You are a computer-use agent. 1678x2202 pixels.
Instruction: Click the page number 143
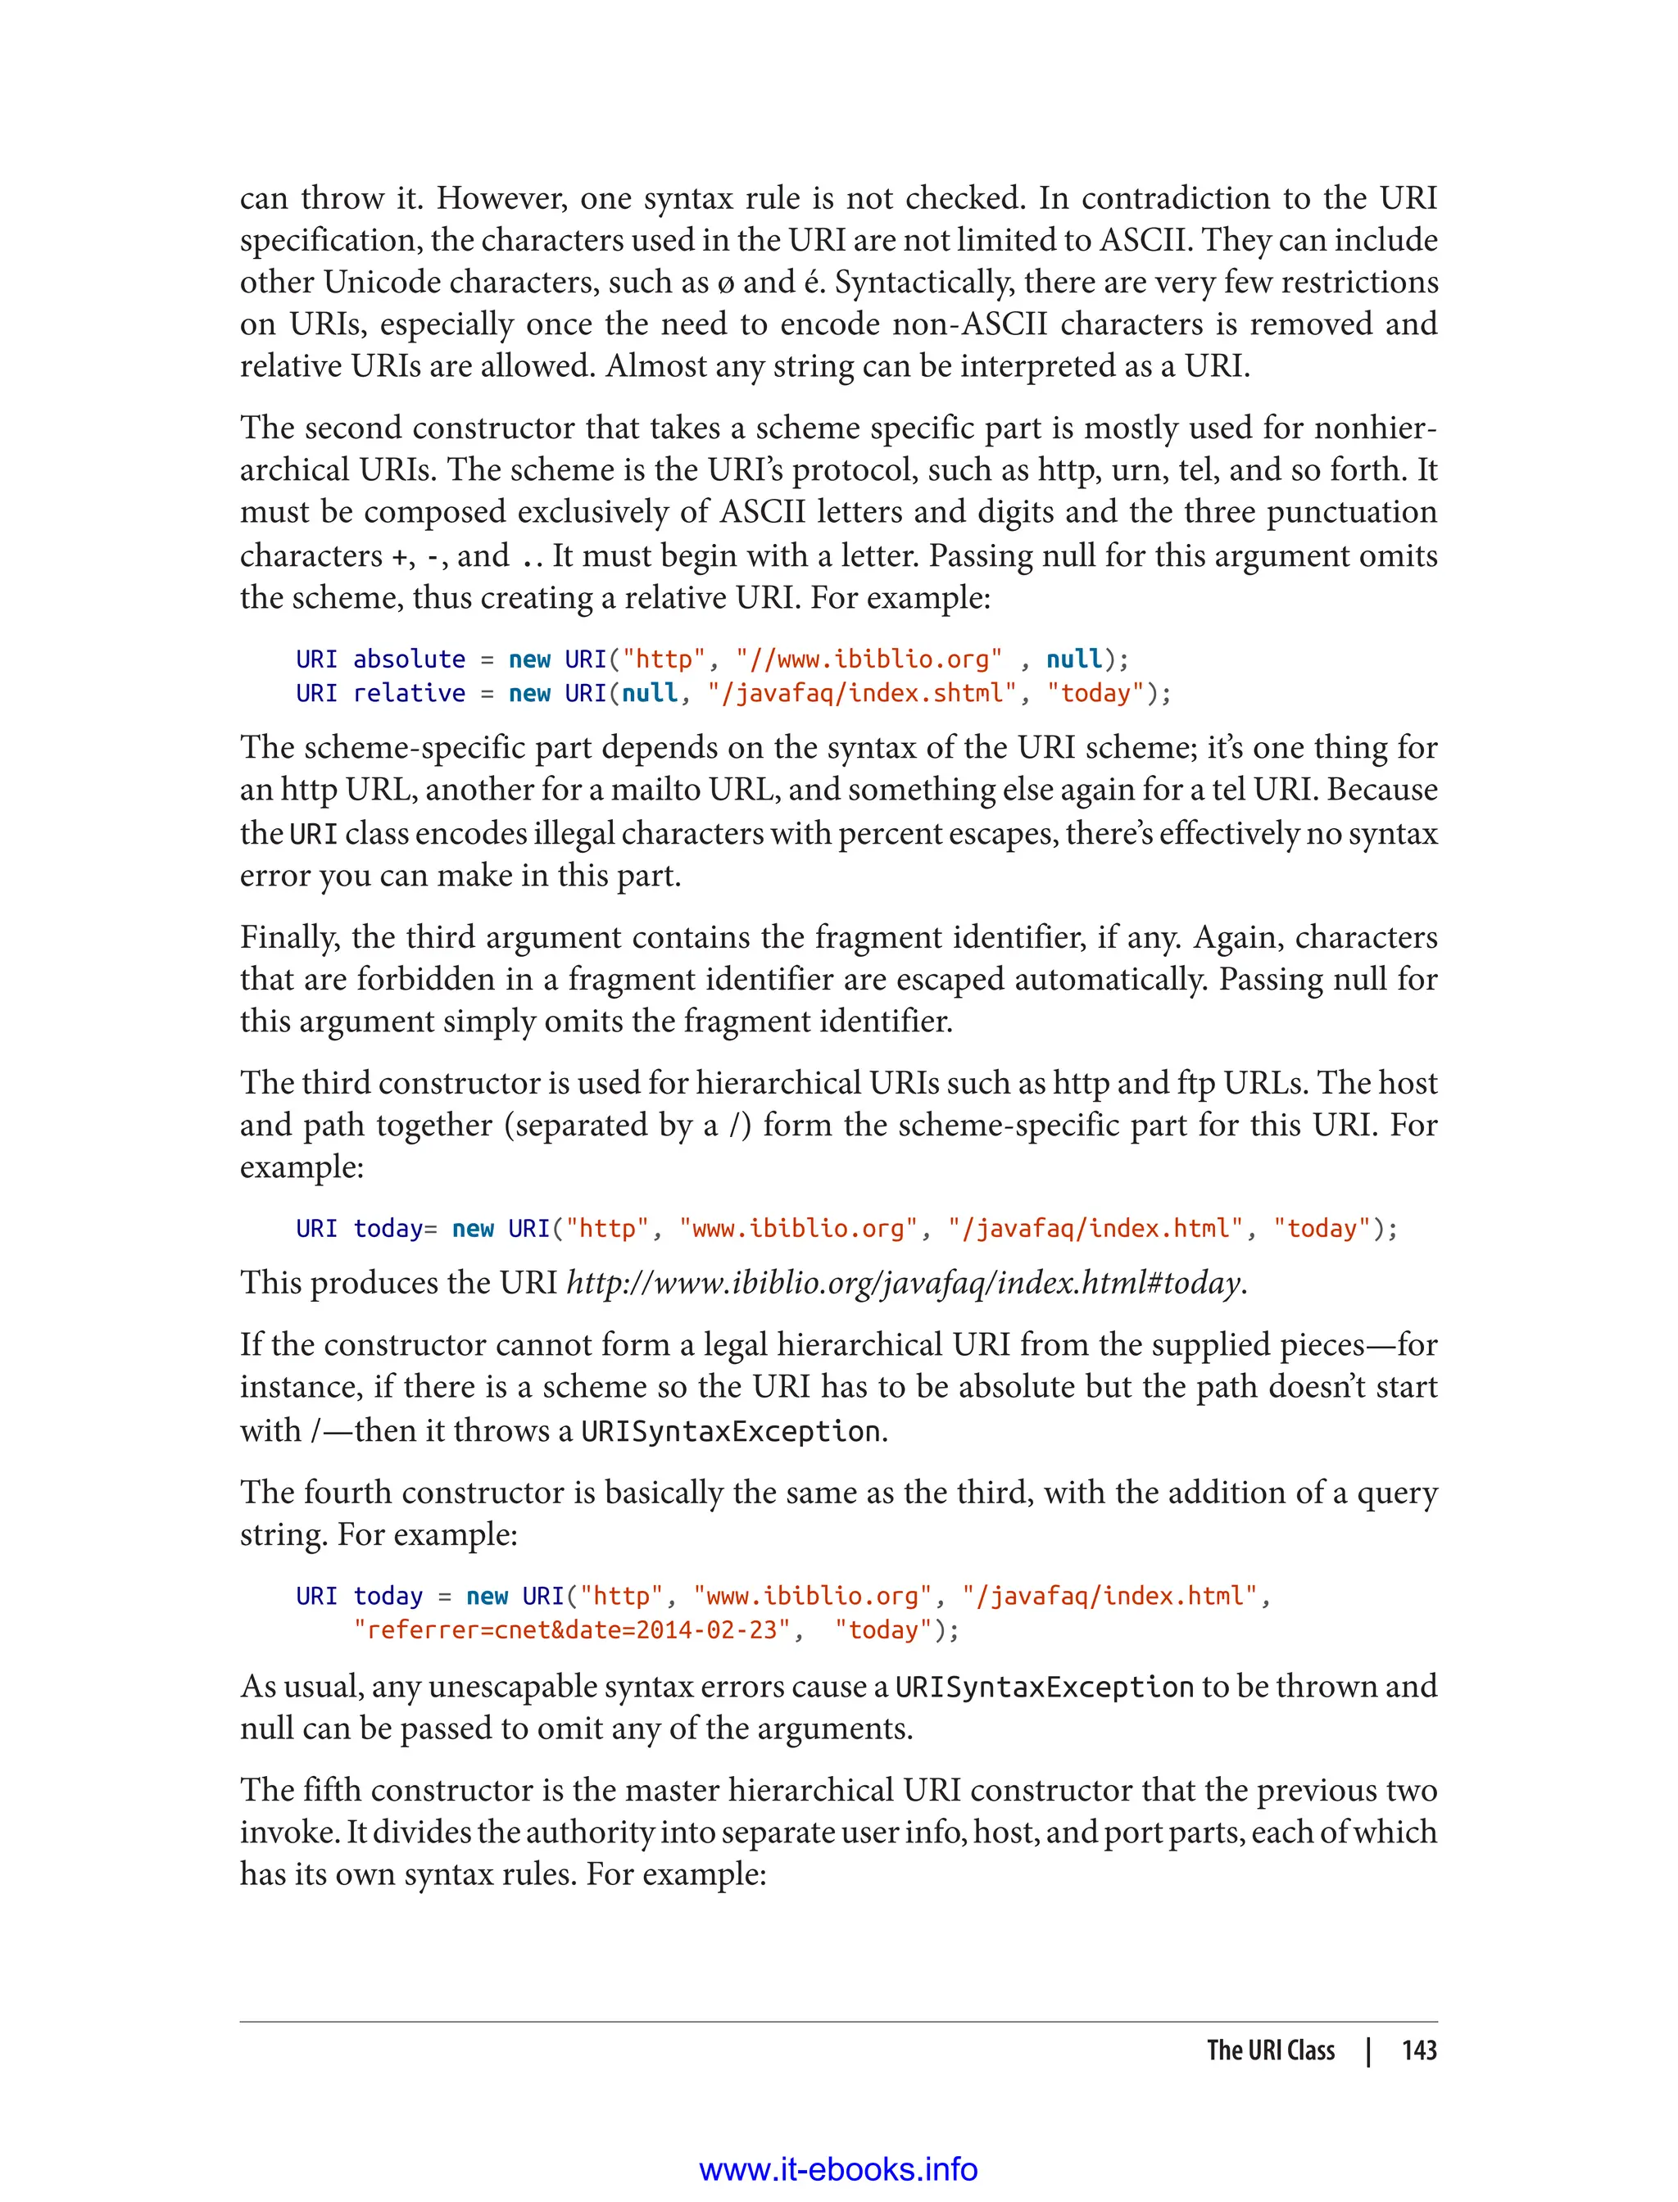point(1418,2050)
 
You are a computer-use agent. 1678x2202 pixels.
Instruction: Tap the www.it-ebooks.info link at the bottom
point(838,2169)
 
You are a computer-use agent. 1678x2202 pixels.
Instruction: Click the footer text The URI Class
point(1271,2050)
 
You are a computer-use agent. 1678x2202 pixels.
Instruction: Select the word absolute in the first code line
point(409,659)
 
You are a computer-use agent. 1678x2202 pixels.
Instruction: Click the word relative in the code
point(409,693)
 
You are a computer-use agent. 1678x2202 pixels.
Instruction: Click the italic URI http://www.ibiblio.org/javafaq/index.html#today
point(905,1282)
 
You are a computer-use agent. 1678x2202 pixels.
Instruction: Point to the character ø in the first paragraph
point(725,283)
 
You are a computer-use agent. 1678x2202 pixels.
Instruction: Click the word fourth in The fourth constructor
point(347,1492)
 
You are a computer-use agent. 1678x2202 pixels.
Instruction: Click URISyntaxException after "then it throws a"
point(731,1431)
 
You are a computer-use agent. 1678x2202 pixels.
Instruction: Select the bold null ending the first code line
point(1073,659)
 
